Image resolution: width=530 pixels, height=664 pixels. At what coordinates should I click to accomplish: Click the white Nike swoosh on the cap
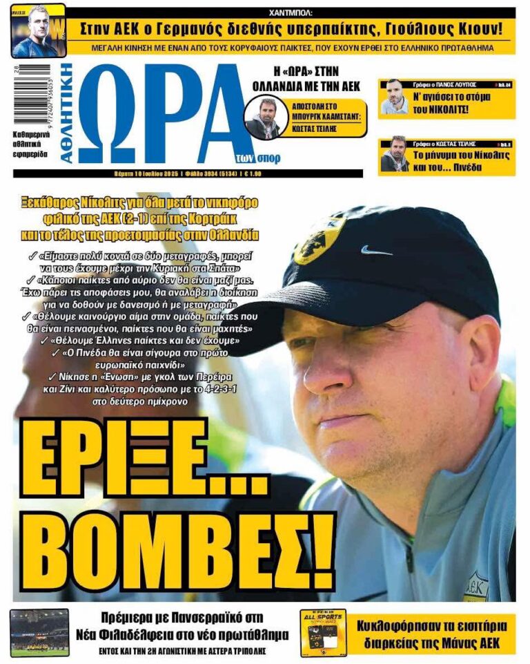coord(376,250)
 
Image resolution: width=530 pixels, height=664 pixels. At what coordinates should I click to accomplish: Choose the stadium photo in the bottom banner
coord(39,632)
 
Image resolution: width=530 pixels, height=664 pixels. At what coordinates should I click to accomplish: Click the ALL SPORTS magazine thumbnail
coord(323,632)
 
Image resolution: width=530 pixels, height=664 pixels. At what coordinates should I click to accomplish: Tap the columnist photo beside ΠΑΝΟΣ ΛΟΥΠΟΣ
coord(395,97)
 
